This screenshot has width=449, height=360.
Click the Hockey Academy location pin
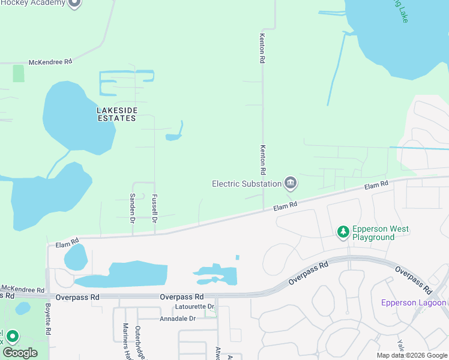pyautogui.click(x=74, y=3)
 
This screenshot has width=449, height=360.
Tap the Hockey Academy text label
pyautogui.click(x=32, y=3)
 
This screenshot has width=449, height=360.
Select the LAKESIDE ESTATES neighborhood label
pyautogui.click(x=117, y=114)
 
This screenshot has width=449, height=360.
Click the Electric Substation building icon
pyautogui.click(x=291, y=182)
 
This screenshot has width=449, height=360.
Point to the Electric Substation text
pyautogui.click(x=247, y=184)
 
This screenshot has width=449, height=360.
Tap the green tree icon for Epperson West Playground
pyautogui.click(x=343, y=232)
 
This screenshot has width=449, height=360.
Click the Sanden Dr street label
pyautogui.click(x=133, y=205)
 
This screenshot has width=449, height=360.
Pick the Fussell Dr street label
pyautogui.click(x=154, y=205)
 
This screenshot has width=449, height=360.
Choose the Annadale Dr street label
pyautogui.click(x=176, y=318)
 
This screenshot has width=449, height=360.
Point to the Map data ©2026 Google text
pyautogui.click(x=411, y=355)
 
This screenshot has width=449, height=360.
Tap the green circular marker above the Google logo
pyautogui.click(x=13, y=337)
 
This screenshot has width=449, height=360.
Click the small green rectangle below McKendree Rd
pyautogui.click(x=19, y=74)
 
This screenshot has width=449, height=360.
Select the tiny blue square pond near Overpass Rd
pyautogui.click(x=238, y=257)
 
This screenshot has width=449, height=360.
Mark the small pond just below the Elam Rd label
pyautogui.click(x=76, y=257)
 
